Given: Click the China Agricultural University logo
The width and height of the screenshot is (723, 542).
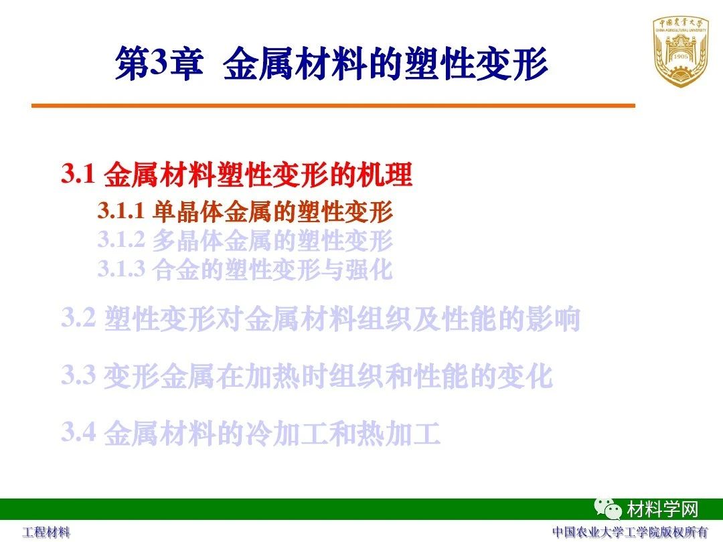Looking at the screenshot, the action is point(681,52).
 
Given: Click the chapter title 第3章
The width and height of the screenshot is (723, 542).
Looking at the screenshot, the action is point(159,63).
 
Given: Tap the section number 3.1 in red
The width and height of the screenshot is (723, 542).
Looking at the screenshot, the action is point(78,174).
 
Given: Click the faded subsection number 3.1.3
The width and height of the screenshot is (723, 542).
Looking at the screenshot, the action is point(121,269).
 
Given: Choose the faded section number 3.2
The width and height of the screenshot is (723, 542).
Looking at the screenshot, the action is point(79,318).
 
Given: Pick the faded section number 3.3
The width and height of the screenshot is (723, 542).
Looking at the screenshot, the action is point(79,375).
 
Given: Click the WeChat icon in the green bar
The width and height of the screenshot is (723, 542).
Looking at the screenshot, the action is point(608,509).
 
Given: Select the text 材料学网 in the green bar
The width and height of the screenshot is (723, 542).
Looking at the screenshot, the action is point(662,509).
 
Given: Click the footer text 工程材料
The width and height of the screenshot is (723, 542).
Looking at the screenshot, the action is point(47,533).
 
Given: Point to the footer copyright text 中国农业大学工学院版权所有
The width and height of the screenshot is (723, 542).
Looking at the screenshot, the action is point(630,533).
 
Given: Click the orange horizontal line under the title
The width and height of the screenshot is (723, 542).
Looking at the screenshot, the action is point(333,106).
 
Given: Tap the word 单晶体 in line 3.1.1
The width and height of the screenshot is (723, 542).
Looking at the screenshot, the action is point(188,211).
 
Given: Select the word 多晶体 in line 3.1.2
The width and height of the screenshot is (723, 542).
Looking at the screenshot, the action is point(188,240).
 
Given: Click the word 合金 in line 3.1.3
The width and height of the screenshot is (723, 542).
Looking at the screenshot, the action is point(175,270).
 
